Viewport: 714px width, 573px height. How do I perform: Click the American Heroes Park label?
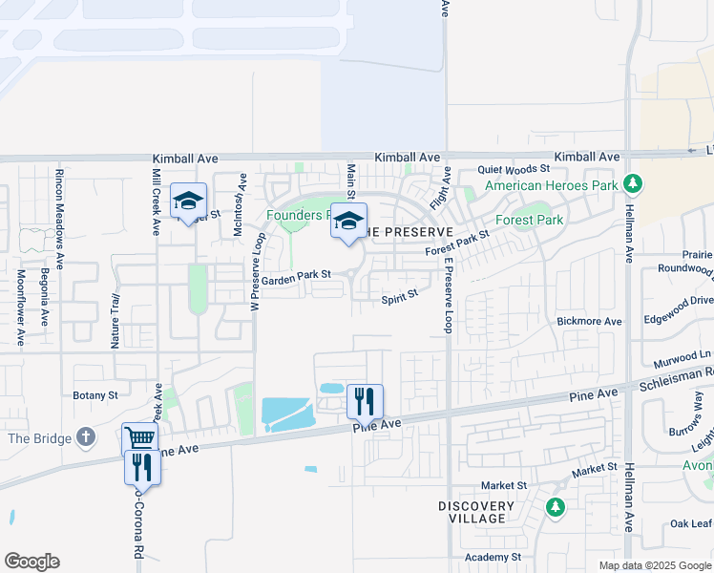[x=552, y=185]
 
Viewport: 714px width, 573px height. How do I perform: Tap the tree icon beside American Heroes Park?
[x=631, y=182]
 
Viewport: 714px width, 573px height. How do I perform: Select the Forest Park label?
[x=535, y=220]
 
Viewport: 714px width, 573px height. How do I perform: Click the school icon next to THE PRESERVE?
[x=348, y=220]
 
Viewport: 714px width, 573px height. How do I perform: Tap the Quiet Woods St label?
[x=514, y=168]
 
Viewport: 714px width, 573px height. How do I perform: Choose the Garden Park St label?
[x=296, y=275]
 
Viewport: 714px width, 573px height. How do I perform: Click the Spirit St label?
[x=400, y=298]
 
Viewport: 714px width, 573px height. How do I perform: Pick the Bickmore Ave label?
[x=589, y=322]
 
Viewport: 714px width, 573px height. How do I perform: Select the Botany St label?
[x=95, y=394]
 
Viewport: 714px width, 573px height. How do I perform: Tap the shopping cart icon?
[x=139, y=438]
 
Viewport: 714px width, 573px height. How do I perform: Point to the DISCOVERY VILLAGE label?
[x=472, y=512]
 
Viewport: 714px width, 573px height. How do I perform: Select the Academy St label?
[x=493, y=557]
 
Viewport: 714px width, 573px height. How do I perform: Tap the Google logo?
[x=31, y=562]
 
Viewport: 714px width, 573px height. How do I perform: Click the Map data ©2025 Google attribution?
[x=654, y=565]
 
